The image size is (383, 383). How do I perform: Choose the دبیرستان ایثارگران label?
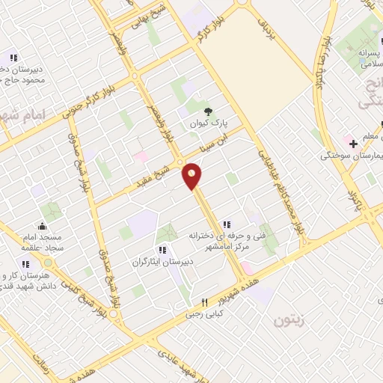pyautogui.click(x=163, y=262)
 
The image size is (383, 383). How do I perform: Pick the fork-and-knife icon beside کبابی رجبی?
pyautogui.click(x=203, y=302)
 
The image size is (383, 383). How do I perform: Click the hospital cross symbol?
pyautogui.click(x=352, y=143)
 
